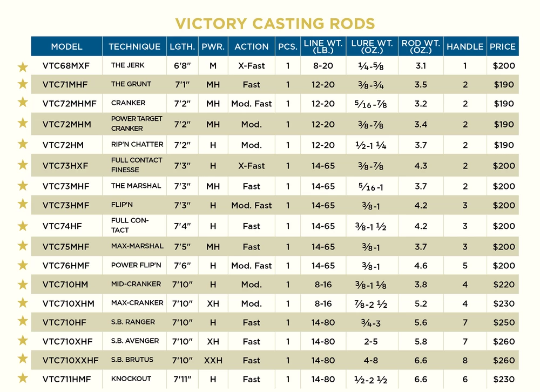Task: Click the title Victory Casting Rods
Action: coord(275,24)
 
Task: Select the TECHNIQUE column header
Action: coord(134,46)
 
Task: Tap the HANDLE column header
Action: coord(465,46)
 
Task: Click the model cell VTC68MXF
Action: coord(66,66)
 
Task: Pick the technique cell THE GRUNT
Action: coord(131,84)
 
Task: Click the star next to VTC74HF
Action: coord(23,226)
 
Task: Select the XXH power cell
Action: coord(213,360)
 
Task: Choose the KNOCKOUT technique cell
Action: coord(131,379)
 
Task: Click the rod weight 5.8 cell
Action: coord(421,341)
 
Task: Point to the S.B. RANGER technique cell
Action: coord(133,322)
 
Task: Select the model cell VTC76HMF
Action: coord(66,266)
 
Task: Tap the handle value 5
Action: coord(465,266)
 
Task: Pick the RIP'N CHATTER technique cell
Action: coord(137,145)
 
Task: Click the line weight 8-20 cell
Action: coord(322,66)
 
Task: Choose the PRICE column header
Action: coord(503,46)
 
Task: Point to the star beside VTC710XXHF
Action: coord(23,359)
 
